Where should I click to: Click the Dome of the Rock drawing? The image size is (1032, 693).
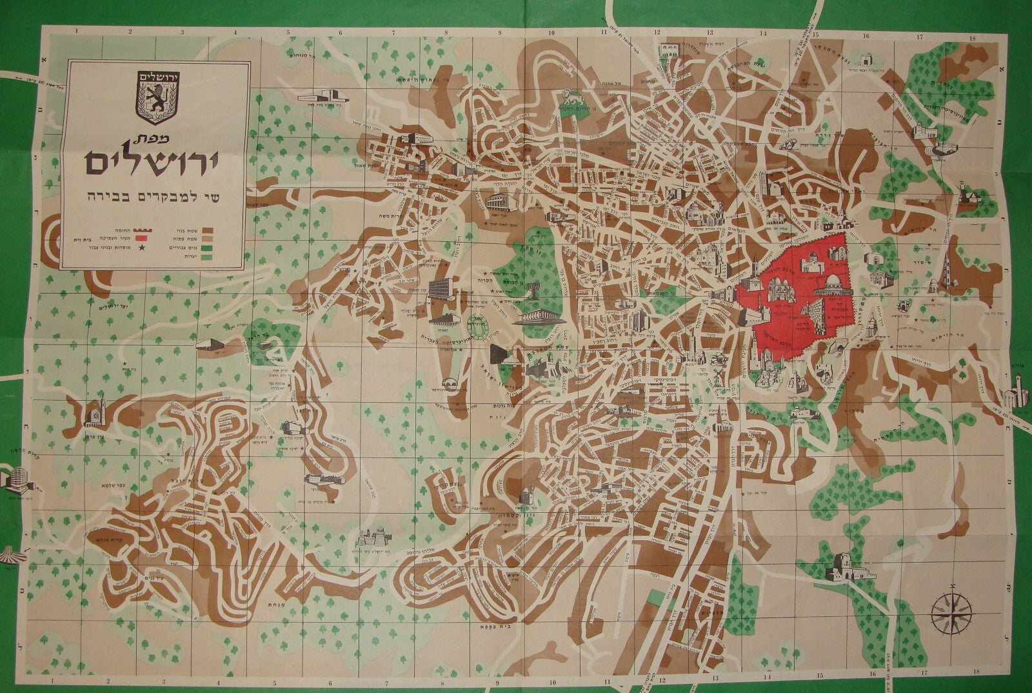coord(826,293)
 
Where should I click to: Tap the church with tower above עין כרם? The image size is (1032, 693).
coord(94,411)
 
